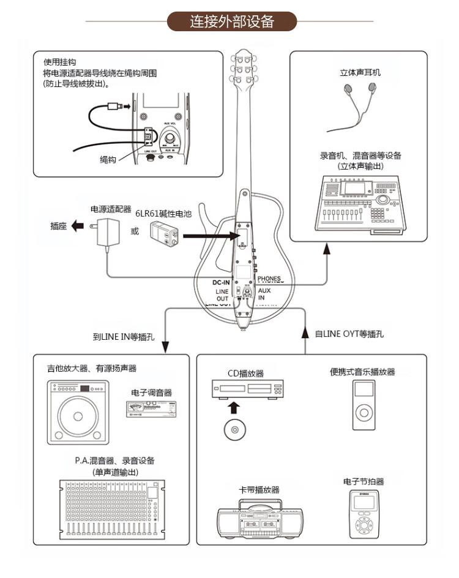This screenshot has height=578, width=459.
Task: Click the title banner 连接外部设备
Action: pos(231,21)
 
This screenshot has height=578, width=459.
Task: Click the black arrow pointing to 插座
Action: pos(76,226)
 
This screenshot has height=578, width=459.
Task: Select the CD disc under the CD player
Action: pos(234,430)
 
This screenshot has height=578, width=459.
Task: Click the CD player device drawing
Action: pos(247,389)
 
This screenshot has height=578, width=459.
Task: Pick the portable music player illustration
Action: pos(364,402)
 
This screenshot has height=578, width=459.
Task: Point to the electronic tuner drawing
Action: pos(151,409)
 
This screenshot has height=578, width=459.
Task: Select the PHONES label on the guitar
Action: pos(269,279)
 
